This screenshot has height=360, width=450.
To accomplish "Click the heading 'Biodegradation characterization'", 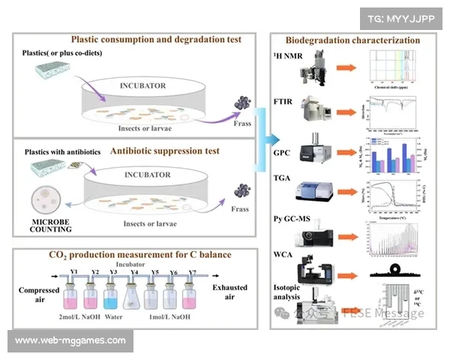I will click(x=353, y=40).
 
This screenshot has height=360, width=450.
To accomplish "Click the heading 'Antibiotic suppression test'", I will click(x=164, y=151).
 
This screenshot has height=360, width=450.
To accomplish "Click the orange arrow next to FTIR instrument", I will click(x=345, y=109).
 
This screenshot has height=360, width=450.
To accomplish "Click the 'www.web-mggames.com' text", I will click(x=70, y=341).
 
